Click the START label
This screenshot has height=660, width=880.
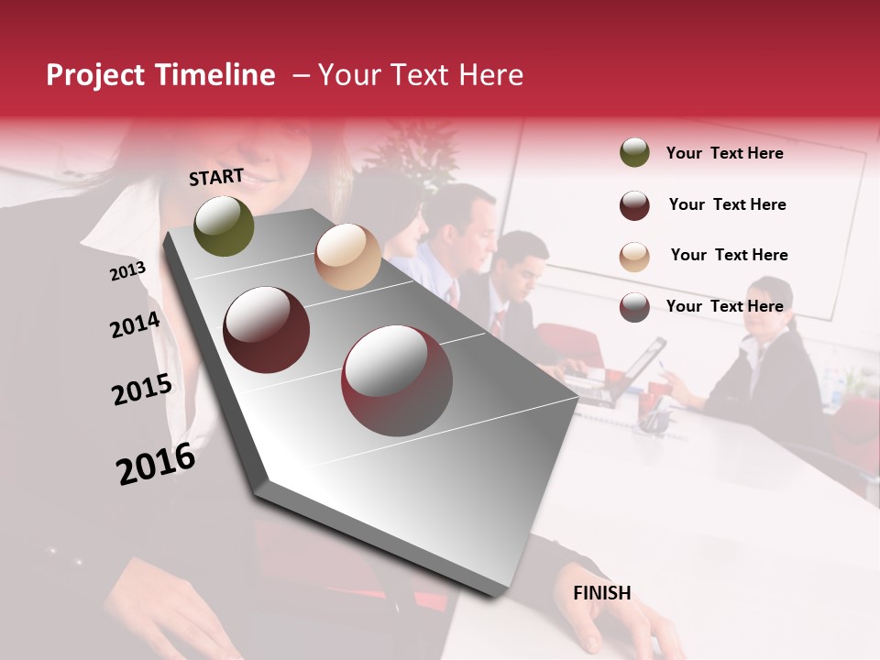click(x=216, y=177)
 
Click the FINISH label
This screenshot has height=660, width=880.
click(x=602, y=593)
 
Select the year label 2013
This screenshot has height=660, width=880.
click(x=127, y=271)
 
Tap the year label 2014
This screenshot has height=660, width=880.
click(x=135, y=324)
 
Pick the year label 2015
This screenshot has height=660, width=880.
click(x=142, y=390)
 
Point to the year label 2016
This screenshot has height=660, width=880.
click(x=156, y=464)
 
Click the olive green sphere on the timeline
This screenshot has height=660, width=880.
click(x=224, y=225)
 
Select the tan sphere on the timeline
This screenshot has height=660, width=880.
click(x=347, y=257)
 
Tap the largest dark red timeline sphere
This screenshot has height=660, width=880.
click(x=397, y=380)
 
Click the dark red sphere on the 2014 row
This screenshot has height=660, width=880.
click(x=267, y=330)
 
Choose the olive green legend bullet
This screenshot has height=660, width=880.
click(x=634, y=153)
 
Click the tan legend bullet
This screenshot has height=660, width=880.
click(x=634, y=256)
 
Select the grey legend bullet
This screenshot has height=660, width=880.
click(x=634, y=307)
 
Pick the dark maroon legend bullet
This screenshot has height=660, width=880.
click(x=634, y=205)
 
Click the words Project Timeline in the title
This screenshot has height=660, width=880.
click(x=160, y=75)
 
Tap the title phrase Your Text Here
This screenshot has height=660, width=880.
click(x=420, y=75)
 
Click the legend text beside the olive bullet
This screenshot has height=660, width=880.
click(x=724, y=153)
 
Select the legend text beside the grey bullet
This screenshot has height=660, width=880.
click(x=724, y=306)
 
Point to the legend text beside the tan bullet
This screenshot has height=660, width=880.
click(x=729, y=255)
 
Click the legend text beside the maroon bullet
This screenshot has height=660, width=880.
click(x=727, y=204)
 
